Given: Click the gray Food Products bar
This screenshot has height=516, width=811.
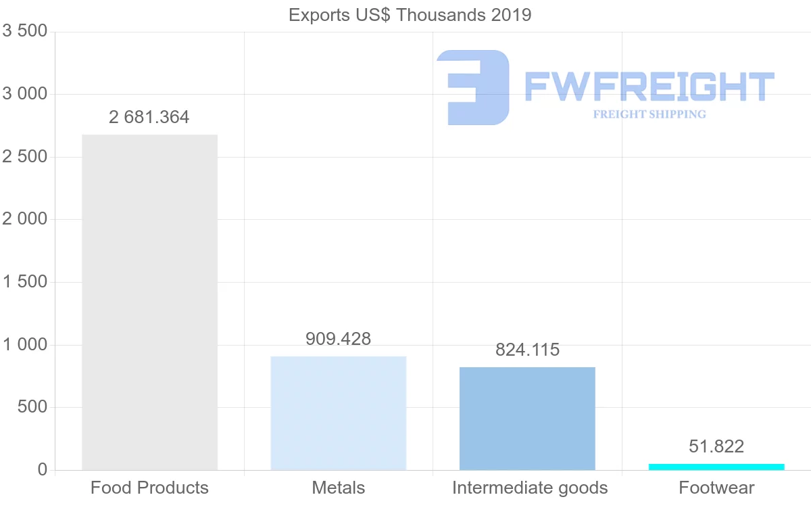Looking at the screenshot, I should click(149, 302).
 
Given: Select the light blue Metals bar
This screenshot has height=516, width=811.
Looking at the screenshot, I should click(338, 413).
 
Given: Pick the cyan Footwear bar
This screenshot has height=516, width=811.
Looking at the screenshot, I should click(716, 467).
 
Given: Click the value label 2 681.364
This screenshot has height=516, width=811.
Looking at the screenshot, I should click(149, 117).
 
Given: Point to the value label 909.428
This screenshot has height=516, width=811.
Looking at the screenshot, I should click(338, 339).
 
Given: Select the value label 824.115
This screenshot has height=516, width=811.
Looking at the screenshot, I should click(527, 350).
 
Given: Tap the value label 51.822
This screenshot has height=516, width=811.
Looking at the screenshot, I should click(716, 446).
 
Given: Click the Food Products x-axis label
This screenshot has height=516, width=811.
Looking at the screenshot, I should click(149, 488).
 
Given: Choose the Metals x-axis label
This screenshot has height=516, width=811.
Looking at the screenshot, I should click(338, 488).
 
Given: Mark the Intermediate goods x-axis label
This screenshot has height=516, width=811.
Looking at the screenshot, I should click(530, 488).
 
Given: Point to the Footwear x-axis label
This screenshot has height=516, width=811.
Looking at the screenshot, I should click(716, 488).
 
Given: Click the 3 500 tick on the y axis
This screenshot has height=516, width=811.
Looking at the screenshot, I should click(25, 31).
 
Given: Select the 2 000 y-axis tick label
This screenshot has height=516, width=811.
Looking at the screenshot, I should click(25, 219).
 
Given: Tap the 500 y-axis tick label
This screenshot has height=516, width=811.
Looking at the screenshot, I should click(32, 407).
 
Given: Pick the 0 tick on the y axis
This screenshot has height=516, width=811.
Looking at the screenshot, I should click(42, 470).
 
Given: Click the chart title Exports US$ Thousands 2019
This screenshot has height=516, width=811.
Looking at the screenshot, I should click(410, 15).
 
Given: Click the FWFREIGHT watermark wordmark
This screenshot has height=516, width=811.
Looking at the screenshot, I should click(649, 87).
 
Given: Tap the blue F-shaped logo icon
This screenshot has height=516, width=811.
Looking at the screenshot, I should click(472, 87).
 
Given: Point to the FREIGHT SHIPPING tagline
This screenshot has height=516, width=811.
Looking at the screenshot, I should click(649, 114).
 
